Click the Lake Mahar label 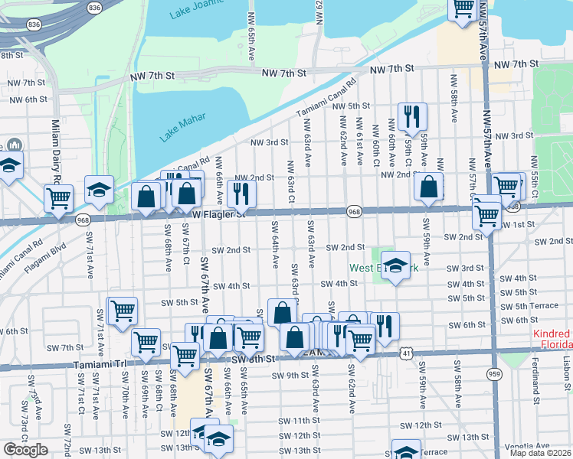[x=182, y=129]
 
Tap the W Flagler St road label [x=218, y=215]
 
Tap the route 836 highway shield [x=94, y=7]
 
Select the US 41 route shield [x=405, y=353]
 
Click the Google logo [x=25, y=449]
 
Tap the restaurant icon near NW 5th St [x=412, y=117]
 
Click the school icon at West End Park [x=395, y=265]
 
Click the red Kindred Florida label [x=552, y=340]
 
